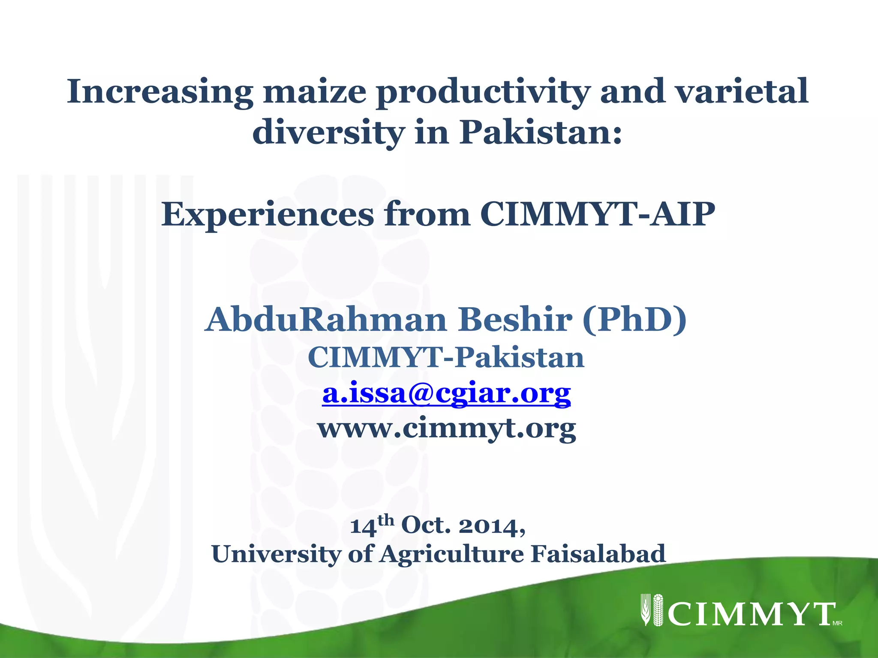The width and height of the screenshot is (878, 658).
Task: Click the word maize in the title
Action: pyautogui.click(x=315, y=92)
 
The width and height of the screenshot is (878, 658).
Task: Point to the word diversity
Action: pyautogui.click(x=328, y=132)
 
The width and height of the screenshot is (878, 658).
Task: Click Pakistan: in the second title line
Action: pyautogui.click(x=541, y=132)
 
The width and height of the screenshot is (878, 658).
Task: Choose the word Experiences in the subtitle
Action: pyautogui.click(x=268, y=214)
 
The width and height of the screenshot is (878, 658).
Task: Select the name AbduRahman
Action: pyautogui.click(x=326, y=320)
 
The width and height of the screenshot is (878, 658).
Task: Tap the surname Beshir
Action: pyautogui.click(x=515, y=320)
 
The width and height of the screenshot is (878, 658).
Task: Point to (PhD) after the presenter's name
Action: pyautogui.click(x=634, y=320)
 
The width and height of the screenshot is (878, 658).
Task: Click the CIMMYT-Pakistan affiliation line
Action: pyautogui.click(x=446, y=357)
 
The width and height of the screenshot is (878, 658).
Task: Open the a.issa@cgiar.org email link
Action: pyautogui.click(x=446, y=393)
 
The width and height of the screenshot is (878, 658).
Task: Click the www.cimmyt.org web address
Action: pyautogui.click(x=447, y=428)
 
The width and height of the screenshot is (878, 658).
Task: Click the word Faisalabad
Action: pyautogui.click(x=598, y=554)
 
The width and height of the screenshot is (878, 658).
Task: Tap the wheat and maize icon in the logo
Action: pyautogui.click(x=652, y=610)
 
